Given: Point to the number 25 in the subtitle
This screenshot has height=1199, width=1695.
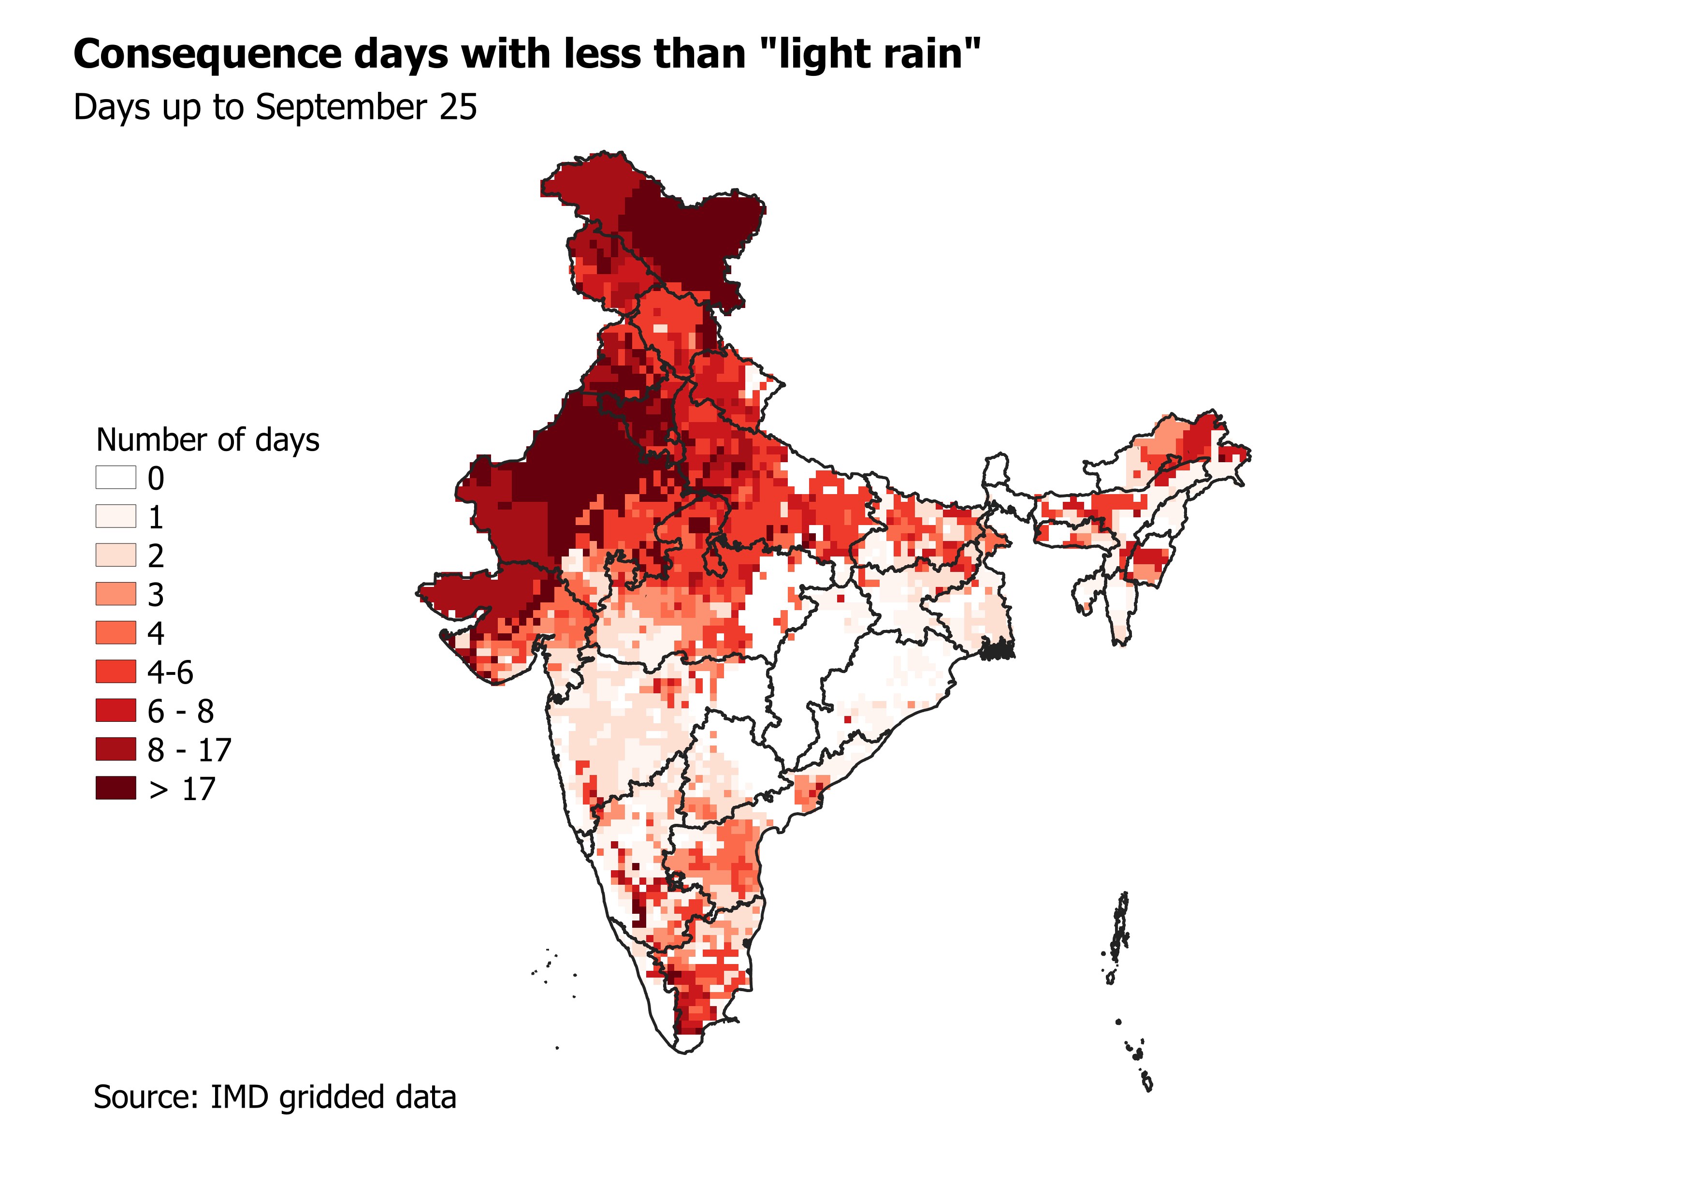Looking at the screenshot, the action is point(459,108).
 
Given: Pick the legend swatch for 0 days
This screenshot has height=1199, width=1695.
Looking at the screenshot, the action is point(116,478).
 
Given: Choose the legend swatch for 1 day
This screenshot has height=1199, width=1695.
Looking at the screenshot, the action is point(116,516).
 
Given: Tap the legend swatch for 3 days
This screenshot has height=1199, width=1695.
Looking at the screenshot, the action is point(116,594).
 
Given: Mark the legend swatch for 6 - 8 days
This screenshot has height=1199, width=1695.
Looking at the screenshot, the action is point(116,710).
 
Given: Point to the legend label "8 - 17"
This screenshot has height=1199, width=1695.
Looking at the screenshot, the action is point(189,750).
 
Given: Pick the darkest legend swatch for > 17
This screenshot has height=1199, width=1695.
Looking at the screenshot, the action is point(116,788).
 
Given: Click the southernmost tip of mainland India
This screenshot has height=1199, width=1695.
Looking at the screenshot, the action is point(684,1052).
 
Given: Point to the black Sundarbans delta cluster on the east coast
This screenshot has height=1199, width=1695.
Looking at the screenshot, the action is point(998,650).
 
